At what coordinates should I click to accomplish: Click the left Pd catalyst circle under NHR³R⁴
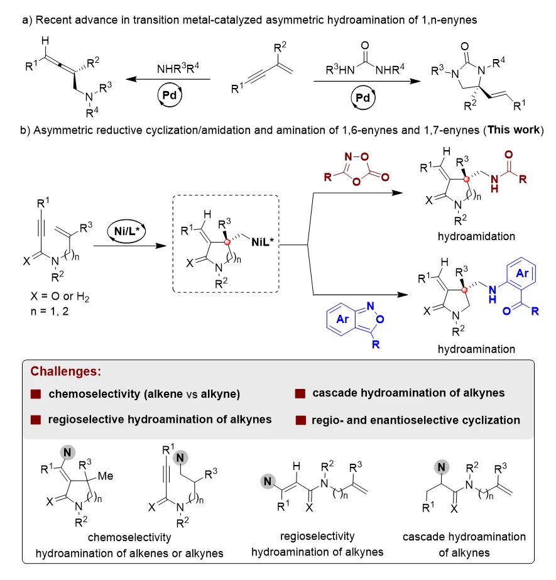click(170, 96)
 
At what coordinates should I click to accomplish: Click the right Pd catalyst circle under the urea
click(363, 97)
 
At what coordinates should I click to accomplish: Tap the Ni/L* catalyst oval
click(126, 231)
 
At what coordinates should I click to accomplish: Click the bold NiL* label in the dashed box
click(262, 242)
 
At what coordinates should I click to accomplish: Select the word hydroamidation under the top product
click(476, 236)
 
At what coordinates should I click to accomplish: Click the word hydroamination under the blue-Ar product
click(476, 349)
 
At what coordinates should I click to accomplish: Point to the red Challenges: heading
click(66, 371)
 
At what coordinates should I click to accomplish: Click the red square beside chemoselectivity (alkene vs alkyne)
click(36, 394)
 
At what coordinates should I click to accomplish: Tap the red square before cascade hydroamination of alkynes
click(300, 393)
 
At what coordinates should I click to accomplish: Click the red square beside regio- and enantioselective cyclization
click(301, 420)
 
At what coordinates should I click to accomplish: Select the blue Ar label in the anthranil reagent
click(342, 319)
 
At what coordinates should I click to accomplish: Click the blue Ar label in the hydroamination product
click(522, 273)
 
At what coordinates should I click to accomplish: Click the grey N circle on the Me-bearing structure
click(67, 452)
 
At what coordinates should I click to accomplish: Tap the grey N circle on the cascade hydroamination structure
click(442, 467)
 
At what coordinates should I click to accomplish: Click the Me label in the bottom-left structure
click(106, 476)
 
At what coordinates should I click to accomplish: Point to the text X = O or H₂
click(60, 297)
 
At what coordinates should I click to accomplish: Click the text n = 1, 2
click(50, 312)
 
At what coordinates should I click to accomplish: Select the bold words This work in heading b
click(514, 130)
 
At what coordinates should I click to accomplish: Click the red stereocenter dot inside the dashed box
click(227, 242)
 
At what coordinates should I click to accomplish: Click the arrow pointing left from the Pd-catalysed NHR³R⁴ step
click(168, 79)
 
